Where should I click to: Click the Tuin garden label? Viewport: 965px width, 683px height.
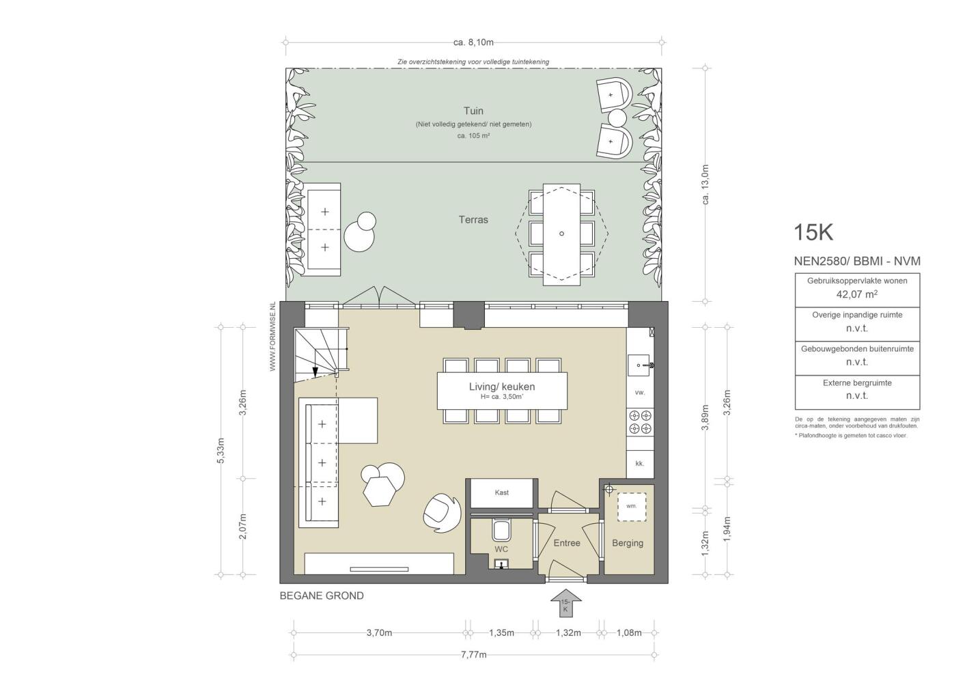(x=473, y=111)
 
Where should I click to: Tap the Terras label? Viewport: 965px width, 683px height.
(x=473, y=220)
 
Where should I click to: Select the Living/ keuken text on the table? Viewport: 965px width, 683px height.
(x=502, y=387)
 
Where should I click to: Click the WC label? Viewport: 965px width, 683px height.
(x=501, y=549)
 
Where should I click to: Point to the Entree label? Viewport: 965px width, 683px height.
(x=567, y=543)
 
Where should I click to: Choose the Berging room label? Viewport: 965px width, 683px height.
(x=628, y=544)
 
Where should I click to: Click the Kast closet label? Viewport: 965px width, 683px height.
(x=502, y=492)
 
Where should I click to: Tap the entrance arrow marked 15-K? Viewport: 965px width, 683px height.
(x=566, y=602)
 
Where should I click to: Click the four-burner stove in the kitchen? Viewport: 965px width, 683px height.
(x=640, y=422)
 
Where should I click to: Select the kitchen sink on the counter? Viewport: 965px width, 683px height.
(x=640, y=365)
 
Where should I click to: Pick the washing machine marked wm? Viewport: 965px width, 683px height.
(x=632, y=507)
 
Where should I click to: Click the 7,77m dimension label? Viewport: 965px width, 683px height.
(x=473, y=654)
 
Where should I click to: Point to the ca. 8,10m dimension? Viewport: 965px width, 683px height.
(x=473, y=42)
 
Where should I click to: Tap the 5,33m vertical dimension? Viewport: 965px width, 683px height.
(x=221, y=450)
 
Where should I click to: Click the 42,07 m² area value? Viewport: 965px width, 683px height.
(x=856, y=294)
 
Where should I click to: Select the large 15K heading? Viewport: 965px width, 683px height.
(x=813, y=232)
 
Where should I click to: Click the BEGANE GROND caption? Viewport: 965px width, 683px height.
(x=322, y=596)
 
